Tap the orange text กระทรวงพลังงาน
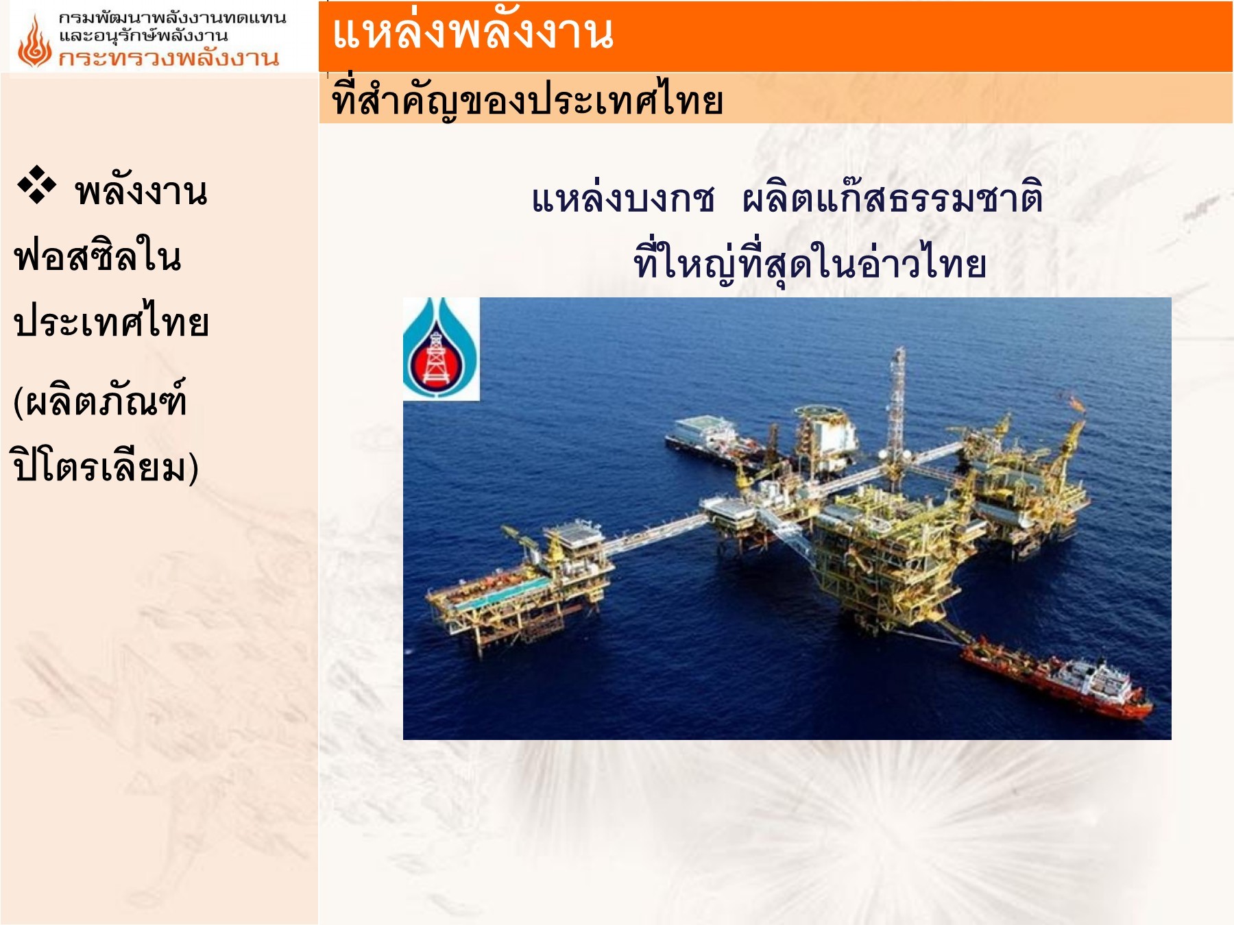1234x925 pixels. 169,58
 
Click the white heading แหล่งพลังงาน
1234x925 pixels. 472,33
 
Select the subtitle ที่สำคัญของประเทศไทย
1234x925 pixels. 527,100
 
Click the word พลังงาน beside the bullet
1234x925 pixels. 141,191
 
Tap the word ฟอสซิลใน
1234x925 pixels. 97,256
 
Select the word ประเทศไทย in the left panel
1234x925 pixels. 111,322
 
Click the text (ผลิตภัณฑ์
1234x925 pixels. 100,400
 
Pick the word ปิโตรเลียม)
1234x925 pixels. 106,467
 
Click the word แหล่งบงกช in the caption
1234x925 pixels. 623,199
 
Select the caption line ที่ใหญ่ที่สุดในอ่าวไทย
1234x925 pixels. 810,264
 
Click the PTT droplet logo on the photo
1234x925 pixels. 441,349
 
